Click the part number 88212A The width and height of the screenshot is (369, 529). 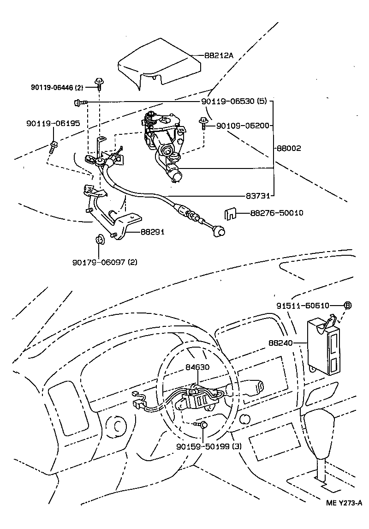point(219,55)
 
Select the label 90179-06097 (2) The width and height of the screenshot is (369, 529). point(105,262)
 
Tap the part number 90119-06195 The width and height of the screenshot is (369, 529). point(53,123)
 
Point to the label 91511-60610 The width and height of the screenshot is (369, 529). point(303,306)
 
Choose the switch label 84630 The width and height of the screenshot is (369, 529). point(198,368)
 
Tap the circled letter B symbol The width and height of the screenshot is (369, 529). point(348,305)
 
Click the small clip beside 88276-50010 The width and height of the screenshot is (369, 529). point(231,214)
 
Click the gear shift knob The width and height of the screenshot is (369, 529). point(321,432)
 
